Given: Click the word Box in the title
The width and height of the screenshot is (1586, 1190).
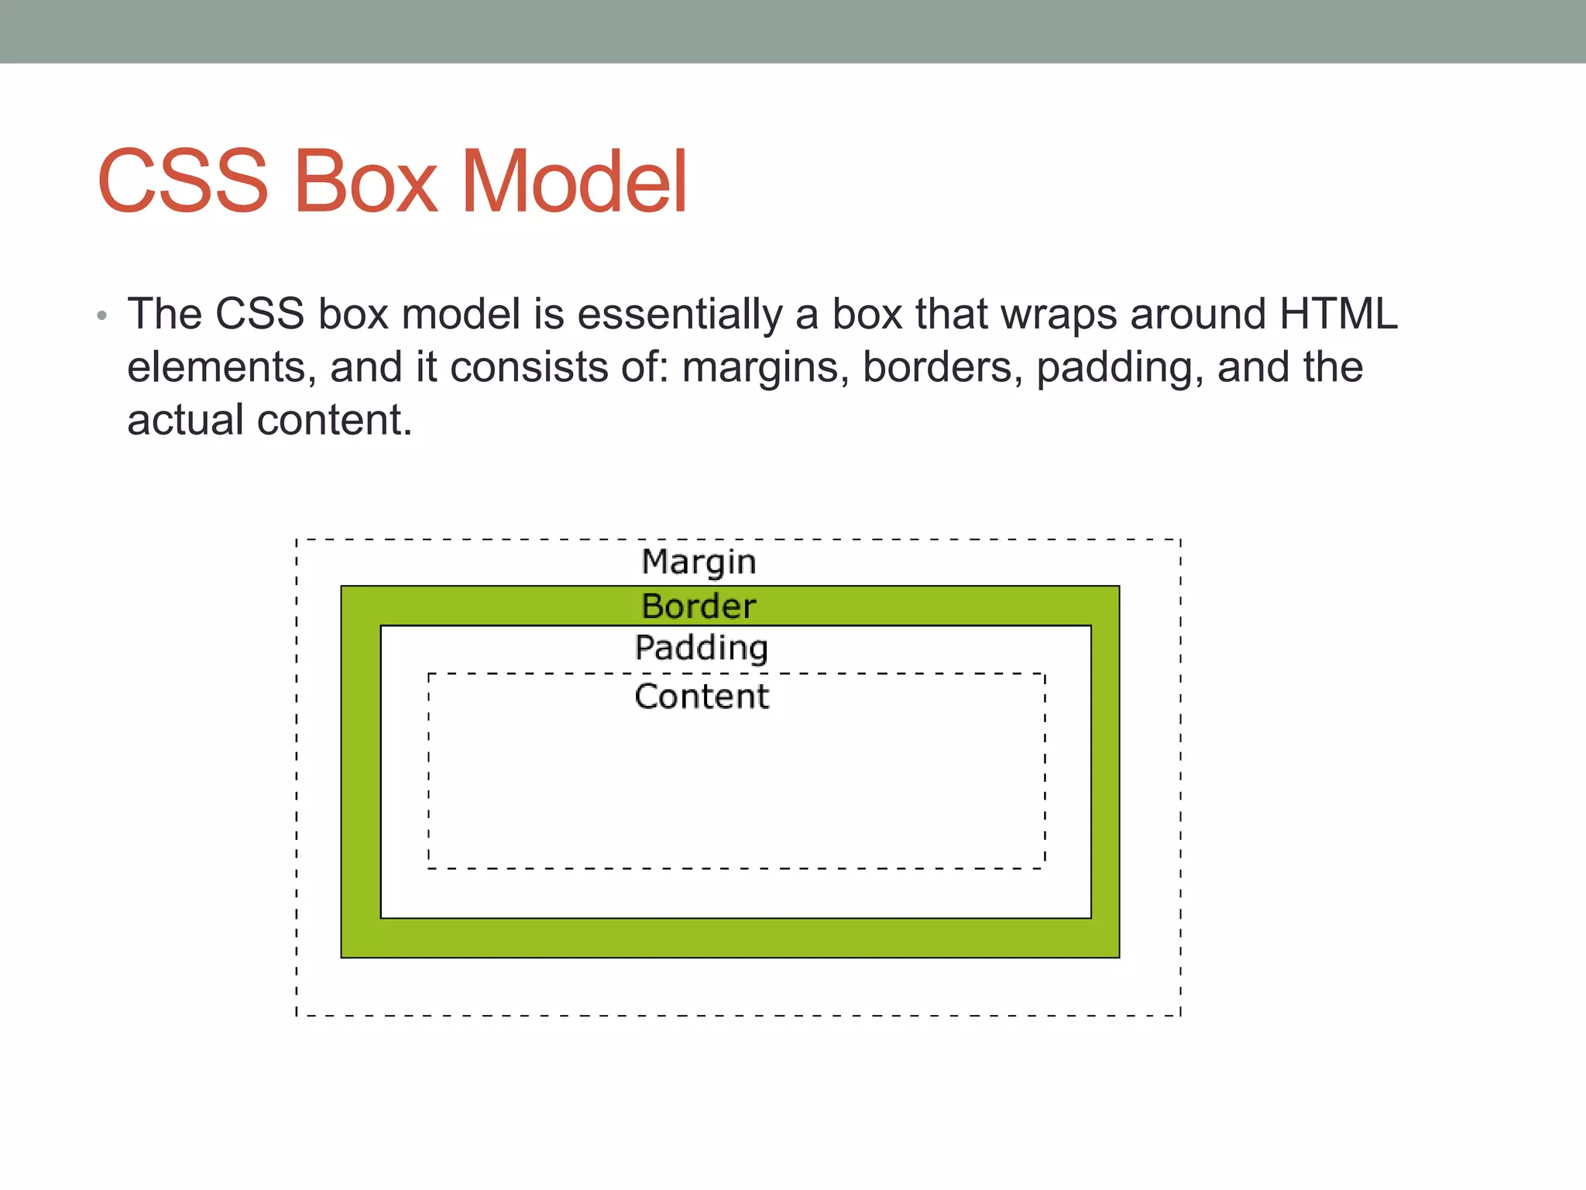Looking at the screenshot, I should pyautogui.click(x=365, y=181).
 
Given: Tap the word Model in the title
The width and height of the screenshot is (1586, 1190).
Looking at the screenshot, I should pyautogui.click(x=574, y=181).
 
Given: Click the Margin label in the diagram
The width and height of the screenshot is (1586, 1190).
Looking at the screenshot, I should pyautogui.click(x=699, y=562).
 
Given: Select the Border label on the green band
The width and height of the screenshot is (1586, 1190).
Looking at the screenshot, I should pyautogui.click(x=699, y=606).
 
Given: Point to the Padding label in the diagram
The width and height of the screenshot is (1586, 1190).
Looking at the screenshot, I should pyautogui.click(x=701, y=648).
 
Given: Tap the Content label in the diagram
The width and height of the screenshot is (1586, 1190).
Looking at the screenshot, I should pyautogui.click(x=702, y=696).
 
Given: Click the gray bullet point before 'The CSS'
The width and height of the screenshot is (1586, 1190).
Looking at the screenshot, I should pyautogui.click(x=101, y=316).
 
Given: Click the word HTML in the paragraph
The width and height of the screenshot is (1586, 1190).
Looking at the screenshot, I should pyautogui.click(x=1338, y=314).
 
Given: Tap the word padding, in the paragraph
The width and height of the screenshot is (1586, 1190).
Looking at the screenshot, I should pyautogui.click(x=1120, y=368).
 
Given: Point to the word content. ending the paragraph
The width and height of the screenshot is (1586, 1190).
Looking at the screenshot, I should pyautogui.click(x=335, y=420).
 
